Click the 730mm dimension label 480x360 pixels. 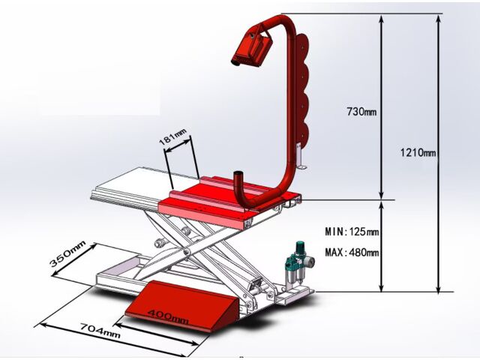[361, 112]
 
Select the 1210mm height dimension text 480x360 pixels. [418, 153]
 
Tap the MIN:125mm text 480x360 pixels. [352, 232]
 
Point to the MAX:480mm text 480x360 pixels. [352, 252]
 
